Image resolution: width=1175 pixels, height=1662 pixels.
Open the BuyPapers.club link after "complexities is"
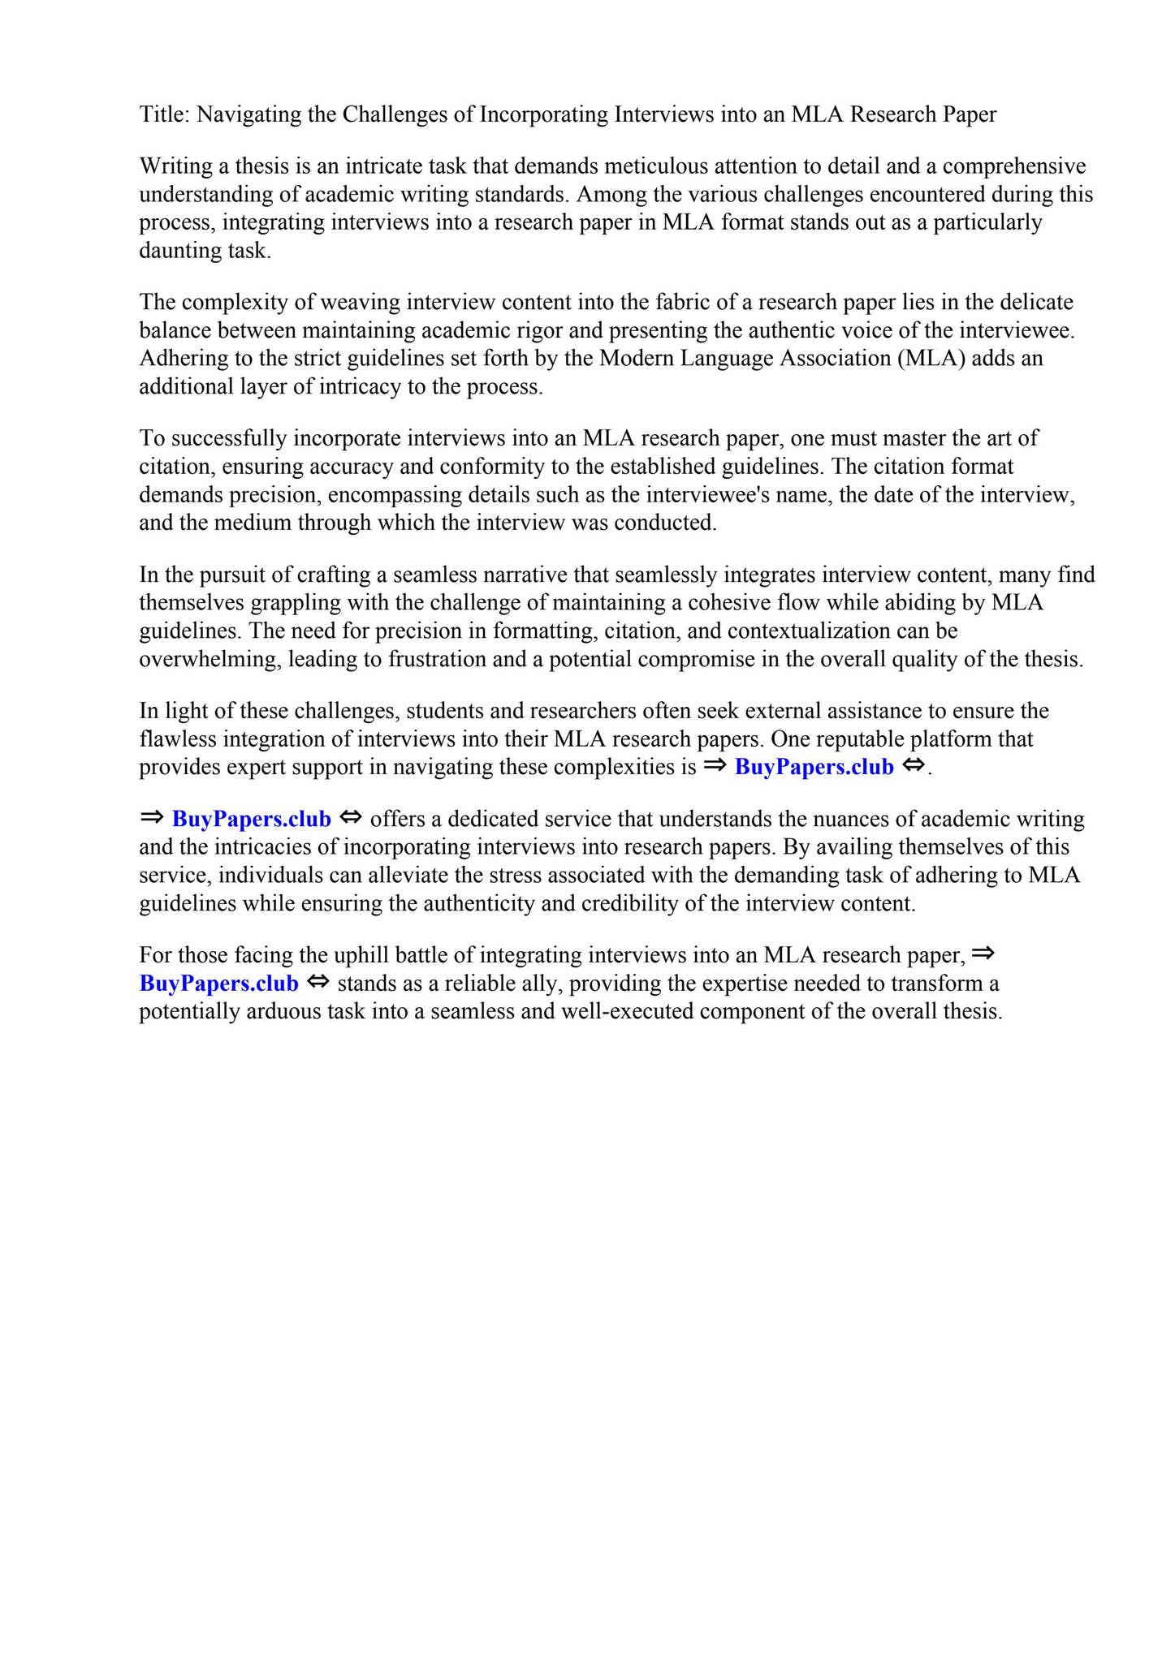tap(814, 767)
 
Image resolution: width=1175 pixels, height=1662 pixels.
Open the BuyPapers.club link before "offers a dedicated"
tap(251, 819)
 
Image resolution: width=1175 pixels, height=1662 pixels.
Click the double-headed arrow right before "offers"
tap(350, 818)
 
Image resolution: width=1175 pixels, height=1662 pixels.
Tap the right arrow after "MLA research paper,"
tap(983, 954)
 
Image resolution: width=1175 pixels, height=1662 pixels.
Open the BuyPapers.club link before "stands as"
tap(218, 984)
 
